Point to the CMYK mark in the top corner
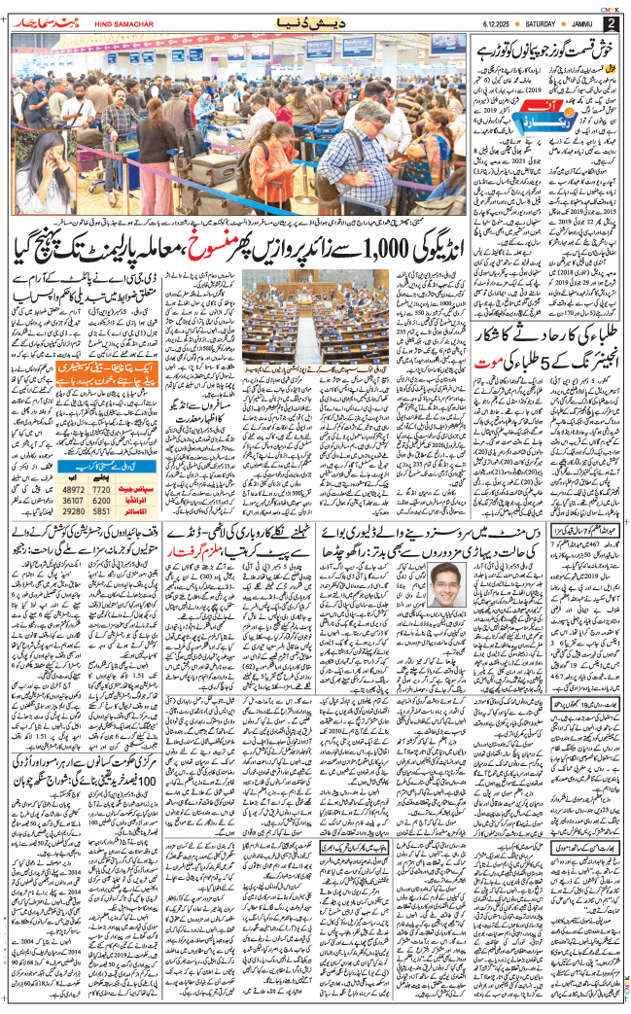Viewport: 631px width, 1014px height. pos(606,5)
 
